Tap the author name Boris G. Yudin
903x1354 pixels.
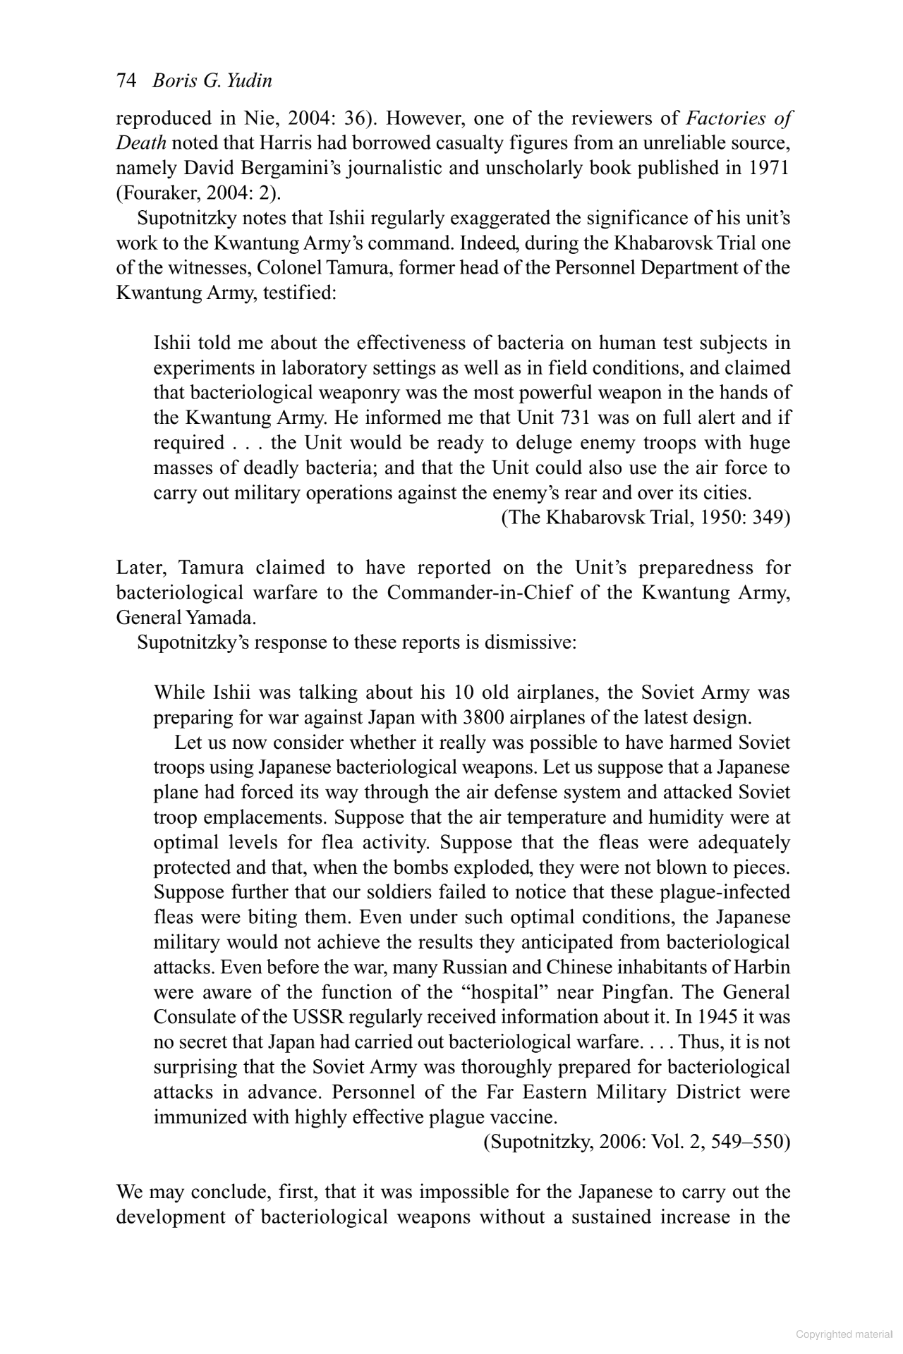pos(212,81)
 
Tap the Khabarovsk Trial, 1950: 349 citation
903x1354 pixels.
pos(646,518)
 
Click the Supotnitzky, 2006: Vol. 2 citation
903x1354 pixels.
pos(636,1142)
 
